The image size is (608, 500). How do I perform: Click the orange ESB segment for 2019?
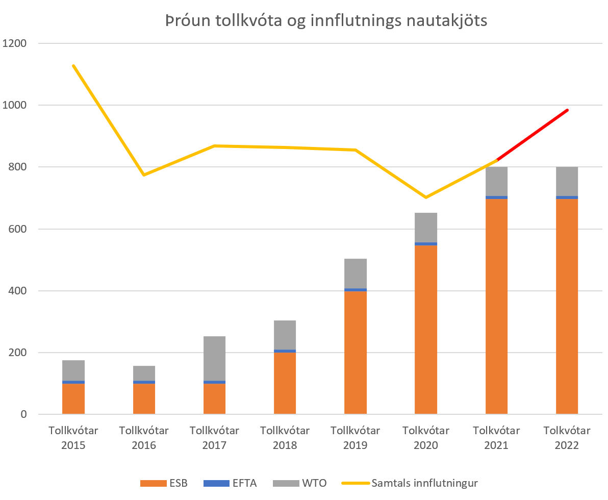(356, 352)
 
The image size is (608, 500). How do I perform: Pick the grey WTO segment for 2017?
(214, 358)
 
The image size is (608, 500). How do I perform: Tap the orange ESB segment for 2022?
(567, 306)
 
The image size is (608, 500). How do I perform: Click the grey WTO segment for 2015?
(73, 370)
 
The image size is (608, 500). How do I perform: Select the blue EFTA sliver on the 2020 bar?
(426, 244)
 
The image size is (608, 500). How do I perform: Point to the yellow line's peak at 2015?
(73, 66)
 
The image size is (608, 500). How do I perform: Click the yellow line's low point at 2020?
(426, 197)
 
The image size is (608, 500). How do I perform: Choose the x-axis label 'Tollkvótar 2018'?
(285, 438)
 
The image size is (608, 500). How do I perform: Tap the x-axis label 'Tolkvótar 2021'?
(496, 438)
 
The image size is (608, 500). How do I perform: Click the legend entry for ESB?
(164, 483)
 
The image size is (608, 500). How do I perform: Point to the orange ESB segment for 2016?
(144, 398)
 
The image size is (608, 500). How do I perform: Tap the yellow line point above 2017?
(215, 146)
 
